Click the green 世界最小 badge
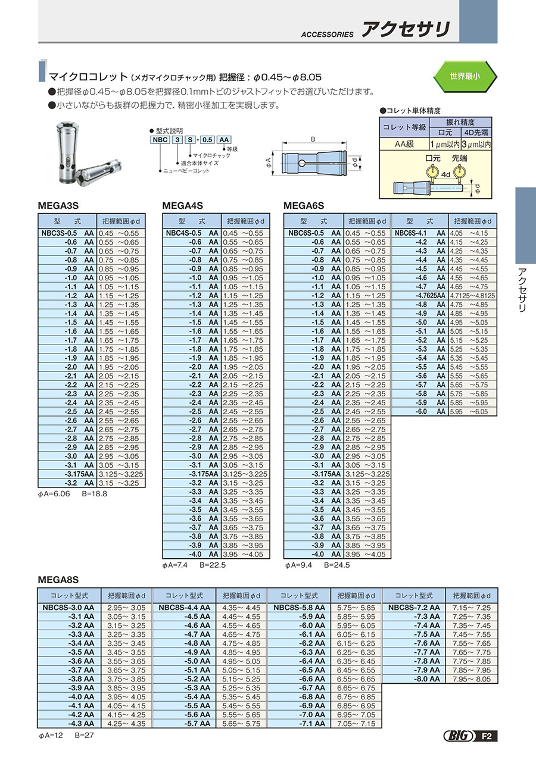465,77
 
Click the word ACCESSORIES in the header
327,35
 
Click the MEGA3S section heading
58,206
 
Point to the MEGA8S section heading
58,579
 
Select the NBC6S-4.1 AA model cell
419,233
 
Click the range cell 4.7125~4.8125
473,296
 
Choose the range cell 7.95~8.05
472,679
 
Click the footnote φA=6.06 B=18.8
73,495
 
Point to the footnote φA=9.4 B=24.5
317,565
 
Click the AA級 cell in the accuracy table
404,144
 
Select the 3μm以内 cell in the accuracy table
476,144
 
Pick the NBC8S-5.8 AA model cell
299,608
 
